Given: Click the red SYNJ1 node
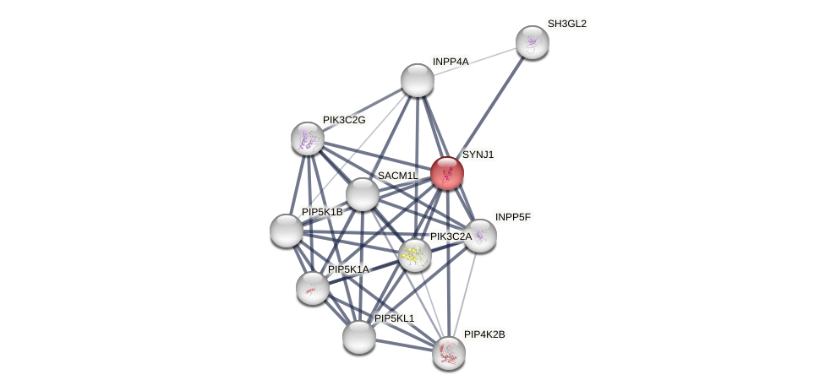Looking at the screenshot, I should [x=446, y=173].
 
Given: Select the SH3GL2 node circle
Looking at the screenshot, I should [x=532, y=42].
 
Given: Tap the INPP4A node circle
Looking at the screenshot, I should [x=417, y=80].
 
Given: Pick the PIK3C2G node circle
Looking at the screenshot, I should [x=307, y=138].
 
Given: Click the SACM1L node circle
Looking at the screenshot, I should [x=362, y=194].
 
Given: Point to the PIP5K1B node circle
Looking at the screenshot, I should [x=286, y=231].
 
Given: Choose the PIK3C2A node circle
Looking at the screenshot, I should [x=414, y=255].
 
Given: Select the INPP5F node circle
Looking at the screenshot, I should [x=479, y=236].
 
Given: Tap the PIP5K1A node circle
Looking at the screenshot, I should [x=312, y=288].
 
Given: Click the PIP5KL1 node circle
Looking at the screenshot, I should [x=358, y=337].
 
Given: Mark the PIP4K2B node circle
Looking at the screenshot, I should [x=448, y=353].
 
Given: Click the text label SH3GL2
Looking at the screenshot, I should [x=566, y=24].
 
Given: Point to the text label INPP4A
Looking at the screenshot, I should [x=450, y=62].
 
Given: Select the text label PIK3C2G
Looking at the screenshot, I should [x=344, y=120].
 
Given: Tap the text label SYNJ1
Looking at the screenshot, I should [x=478, y=155].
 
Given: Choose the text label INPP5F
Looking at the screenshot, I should [x=512, y=217].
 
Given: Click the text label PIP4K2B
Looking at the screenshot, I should [x=484, y=334].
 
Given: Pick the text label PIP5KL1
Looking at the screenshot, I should [x=394, y=318].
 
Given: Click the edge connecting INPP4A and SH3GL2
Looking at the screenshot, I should [x=474, y=62].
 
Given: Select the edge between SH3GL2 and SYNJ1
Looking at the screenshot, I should [x=489, y=107].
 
